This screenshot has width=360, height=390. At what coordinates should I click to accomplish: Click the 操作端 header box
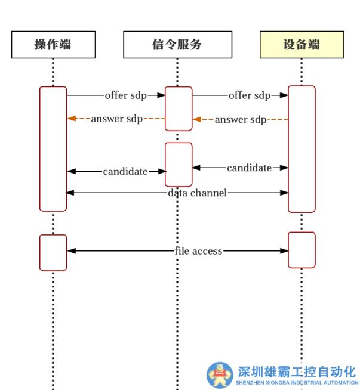coord(53,44)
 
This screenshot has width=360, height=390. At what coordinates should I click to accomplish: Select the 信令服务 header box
coord(177,44)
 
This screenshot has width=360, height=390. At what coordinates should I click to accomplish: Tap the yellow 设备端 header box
coord(301,44)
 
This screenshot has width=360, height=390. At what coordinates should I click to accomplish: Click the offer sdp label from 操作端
coord(126,95)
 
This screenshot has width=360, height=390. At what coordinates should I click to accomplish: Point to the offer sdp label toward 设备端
coord(250,95)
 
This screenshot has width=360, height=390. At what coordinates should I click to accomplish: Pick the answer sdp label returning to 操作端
coord(117,119)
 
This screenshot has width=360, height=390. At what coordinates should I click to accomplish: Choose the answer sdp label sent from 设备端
coord(241,120)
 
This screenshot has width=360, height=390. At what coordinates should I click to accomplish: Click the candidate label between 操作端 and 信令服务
coord(125,172)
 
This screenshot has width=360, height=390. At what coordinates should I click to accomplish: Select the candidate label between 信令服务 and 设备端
coord(249,168)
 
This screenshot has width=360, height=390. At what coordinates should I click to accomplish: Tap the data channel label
coord(197,193)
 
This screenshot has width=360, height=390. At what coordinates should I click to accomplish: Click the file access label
coord(199,251)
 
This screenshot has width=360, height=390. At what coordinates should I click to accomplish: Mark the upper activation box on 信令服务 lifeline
coord(179,109)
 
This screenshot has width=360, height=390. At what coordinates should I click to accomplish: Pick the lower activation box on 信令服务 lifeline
coord(179,164)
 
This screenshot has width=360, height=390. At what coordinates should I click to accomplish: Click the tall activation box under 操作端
coord(53,149)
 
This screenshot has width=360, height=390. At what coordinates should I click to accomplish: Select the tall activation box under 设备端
coord(301,149)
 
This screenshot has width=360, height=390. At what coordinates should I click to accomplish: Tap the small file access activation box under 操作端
coord(53,253)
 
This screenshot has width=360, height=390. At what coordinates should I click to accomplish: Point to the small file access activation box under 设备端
coord(301,250)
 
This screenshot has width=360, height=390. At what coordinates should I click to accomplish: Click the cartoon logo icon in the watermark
coord(220,374)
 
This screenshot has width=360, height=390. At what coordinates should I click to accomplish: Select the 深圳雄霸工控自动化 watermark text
coord(297,371)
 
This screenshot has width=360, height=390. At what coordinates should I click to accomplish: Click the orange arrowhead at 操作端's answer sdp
coord(72,119)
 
